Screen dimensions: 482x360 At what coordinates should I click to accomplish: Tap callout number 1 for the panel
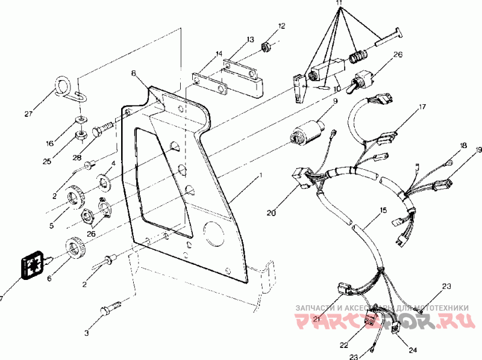pos(260,175)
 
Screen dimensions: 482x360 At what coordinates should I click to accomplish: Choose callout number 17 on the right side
pos(423,108)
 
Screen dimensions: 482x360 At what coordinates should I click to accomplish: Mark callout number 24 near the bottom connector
pos(412,350)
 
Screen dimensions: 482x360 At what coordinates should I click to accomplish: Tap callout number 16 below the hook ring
pos(49,144)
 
